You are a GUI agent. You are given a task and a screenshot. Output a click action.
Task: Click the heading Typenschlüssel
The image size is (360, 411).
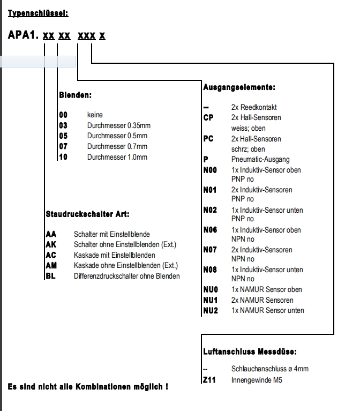pos(38,13)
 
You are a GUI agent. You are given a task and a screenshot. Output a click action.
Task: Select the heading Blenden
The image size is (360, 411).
pos(75,95)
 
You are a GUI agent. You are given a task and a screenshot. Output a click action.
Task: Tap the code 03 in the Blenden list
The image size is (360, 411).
pos(63,125)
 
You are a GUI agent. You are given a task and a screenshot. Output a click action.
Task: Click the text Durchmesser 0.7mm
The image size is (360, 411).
pos(117,146)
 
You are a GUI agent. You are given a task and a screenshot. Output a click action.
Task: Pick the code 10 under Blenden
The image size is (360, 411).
pos(63,157)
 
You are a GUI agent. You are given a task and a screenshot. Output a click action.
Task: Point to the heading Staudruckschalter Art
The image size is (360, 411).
pos(88,214)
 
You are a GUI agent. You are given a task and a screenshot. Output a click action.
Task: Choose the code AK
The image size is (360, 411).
pos(51,245)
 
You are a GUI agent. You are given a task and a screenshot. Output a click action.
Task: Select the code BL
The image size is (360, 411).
pos(50,276)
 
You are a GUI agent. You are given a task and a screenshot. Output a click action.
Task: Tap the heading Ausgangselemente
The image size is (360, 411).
pos(239,86)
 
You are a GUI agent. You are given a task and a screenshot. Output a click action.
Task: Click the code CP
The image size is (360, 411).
pos(208,117)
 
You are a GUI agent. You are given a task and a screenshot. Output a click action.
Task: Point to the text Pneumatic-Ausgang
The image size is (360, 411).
pos(260,159)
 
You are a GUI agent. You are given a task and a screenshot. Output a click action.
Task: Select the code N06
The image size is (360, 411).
pos(210,230)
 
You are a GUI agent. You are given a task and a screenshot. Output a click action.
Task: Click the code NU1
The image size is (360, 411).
pos(210,300)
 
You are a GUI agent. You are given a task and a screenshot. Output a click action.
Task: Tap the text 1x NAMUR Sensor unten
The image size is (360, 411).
pos(267,310)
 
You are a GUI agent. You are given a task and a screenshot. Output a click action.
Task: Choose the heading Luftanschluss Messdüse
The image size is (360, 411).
pos(250,352)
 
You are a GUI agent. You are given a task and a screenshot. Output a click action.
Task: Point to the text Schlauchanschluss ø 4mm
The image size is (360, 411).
pos(269,369)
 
